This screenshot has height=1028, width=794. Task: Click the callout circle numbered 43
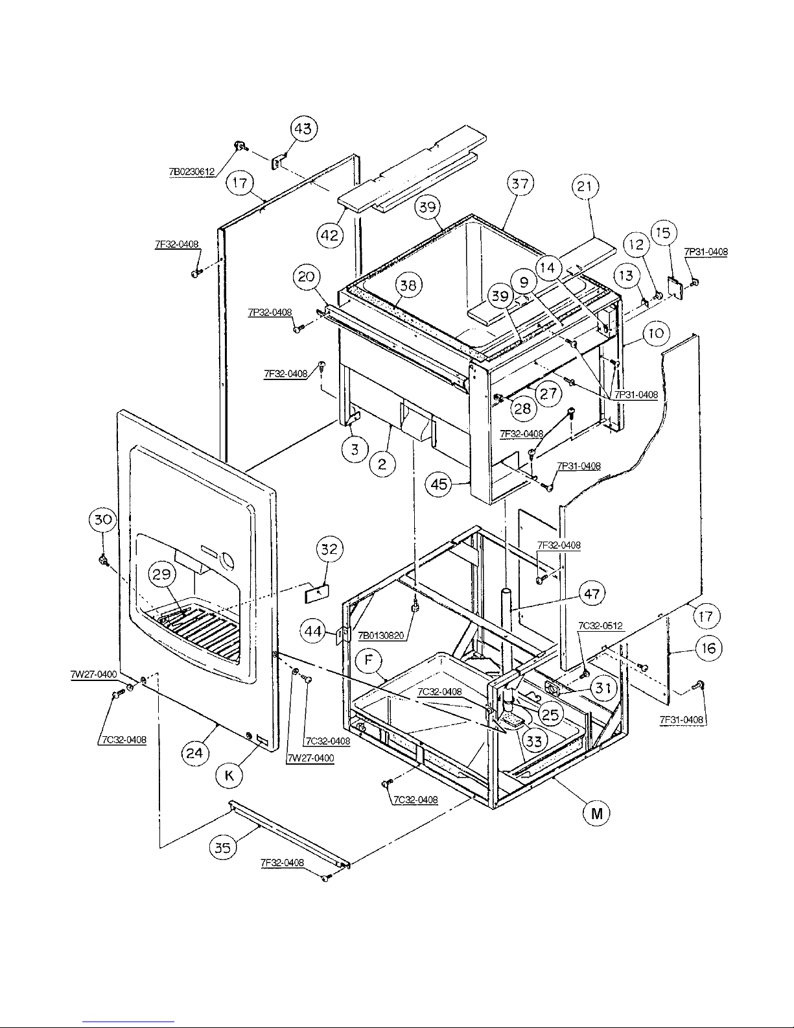pos(303,128)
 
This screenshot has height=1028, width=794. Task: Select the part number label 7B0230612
pos(192,173)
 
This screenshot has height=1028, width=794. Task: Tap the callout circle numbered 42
pos(330,235)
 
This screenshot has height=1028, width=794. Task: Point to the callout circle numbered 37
pos(520,183)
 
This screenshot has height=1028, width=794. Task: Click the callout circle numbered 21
pos(585,186)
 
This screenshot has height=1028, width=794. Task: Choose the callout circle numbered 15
pos(664,232)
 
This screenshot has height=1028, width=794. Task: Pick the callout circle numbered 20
pos(306,277)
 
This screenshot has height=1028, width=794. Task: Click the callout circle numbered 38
pos(408,285)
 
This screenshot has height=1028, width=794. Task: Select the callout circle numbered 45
pos(439,484)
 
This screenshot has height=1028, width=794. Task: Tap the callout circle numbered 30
pos(103,520)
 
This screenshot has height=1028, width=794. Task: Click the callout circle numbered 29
pos(161,574)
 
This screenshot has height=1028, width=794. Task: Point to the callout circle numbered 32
pos(329,549)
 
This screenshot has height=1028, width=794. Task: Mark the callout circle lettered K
pos(229,775)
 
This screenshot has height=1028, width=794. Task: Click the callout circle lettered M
pos(597,813)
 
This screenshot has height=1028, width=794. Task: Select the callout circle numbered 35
pos(222,848)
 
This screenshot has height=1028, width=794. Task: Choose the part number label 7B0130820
pos(381,636)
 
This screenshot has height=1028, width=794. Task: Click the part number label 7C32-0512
pos(601,625)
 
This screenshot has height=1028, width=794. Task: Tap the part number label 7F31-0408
pos(681,719)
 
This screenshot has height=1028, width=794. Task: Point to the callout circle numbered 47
pos(592,593)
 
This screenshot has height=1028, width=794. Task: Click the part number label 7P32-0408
pos(270,313)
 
